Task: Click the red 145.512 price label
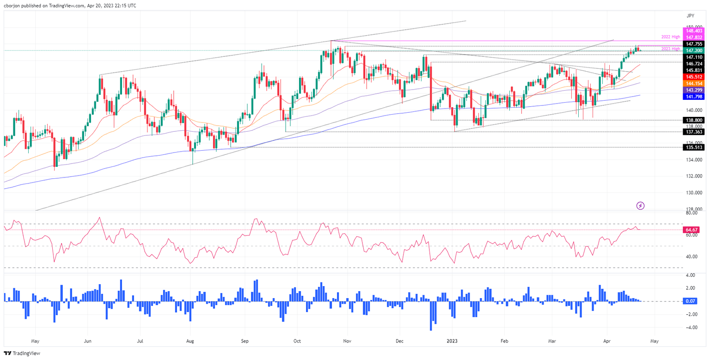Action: point(694,77)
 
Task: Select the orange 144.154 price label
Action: point(694,83)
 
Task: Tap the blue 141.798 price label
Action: point(694,97)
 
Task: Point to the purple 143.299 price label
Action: point(694,90)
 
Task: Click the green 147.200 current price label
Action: point(694,49)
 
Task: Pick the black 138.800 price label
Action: point(694,120)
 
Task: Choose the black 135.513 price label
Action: point(694,147)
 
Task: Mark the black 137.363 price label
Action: point(694,132)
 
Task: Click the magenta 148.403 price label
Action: point(694,31)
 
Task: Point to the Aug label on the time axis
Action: point(190,342)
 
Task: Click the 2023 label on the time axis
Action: point(453,342)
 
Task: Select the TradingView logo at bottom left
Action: point(23,354)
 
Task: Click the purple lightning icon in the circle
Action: point(641,205)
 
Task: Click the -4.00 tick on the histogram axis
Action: point(692,327)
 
